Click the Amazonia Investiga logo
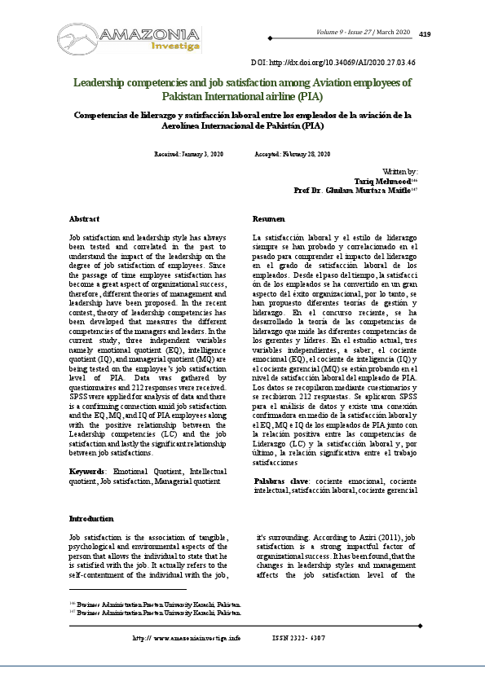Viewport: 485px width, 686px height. (x=129, y=35)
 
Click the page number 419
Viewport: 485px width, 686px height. (x=424, y=34)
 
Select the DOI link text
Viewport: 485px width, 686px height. (x=332, y=61)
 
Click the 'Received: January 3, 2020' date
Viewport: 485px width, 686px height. (x=188, y=154)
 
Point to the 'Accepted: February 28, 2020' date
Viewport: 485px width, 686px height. (x=293, y=154)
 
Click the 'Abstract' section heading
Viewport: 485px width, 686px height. (x=85, y=219)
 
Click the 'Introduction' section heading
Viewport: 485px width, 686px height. (x=91, y=518)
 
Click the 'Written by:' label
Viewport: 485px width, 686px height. (x=400, y=172)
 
